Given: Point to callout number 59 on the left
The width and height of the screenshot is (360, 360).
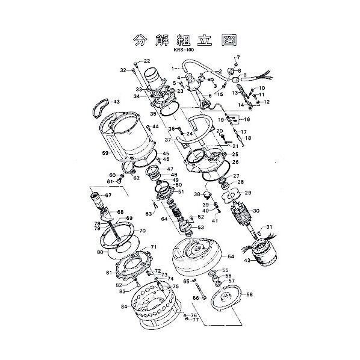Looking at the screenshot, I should coord(105,154).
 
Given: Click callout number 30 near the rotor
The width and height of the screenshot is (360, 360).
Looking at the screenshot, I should coord(256,211).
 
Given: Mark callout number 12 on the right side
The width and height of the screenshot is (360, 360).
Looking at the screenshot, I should coord(267,102).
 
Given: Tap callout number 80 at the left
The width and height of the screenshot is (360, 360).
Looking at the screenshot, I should coord(100,253).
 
